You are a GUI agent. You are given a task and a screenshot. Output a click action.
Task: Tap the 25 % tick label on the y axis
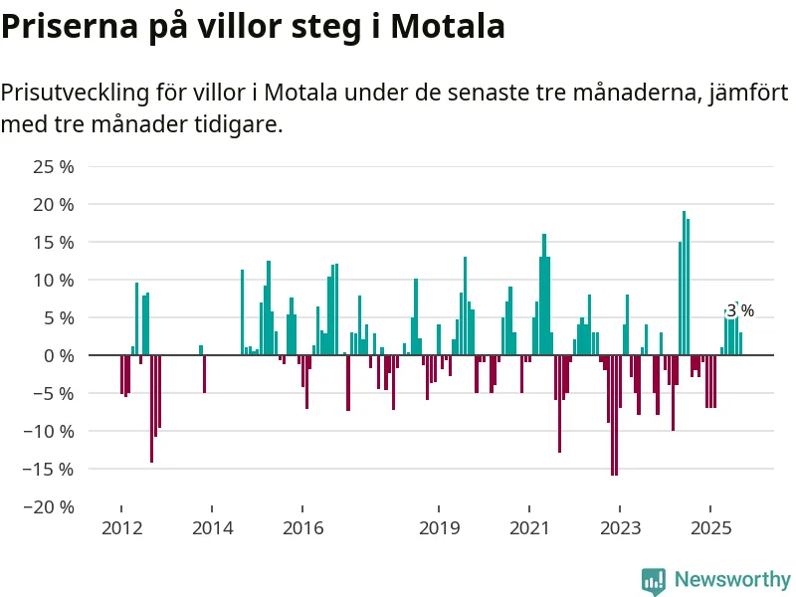(x=55, y=166)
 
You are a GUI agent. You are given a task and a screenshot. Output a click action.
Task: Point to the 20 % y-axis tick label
(x=55, y=204)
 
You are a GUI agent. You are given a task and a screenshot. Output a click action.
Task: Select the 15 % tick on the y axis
(x=55, y=242)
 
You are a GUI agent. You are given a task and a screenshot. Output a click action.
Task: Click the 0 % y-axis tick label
(x=59, y=355)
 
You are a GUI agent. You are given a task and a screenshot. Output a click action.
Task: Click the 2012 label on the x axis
(x=121, y=527)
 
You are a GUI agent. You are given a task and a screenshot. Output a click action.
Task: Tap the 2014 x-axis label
(x=212, y=527)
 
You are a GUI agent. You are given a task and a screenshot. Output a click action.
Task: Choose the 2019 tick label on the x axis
(x=439, y=527)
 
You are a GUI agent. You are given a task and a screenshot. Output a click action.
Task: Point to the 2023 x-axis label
(x=621, y=527)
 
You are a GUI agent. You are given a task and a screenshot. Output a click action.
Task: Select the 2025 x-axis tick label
(x=711, y=527)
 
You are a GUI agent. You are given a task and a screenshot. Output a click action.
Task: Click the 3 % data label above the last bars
(x=739, y=310)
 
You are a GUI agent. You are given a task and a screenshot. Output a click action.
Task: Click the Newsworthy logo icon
(x=654, y=580)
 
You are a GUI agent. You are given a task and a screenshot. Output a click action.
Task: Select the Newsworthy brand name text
(x=731, y=579)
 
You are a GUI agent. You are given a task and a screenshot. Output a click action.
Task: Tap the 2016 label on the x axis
(x=302, y=527)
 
